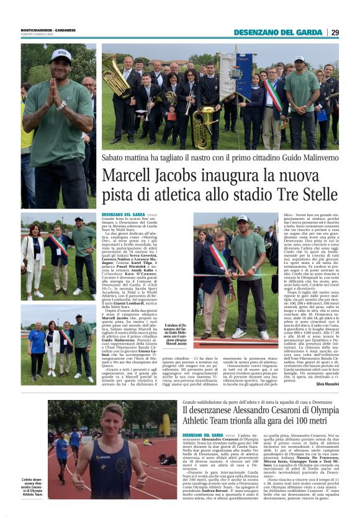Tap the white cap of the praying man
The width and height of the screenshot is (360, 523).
[61, 54]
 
